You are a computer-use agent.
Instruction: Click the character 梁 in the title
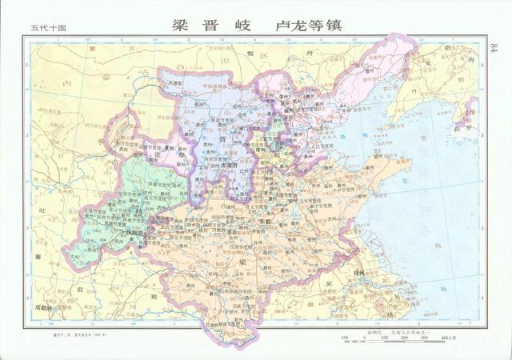[182, 25]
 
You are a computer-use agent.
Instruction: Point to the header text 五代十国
[48, 28]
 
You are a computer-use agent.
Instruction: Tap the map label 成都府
[42, 306]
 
